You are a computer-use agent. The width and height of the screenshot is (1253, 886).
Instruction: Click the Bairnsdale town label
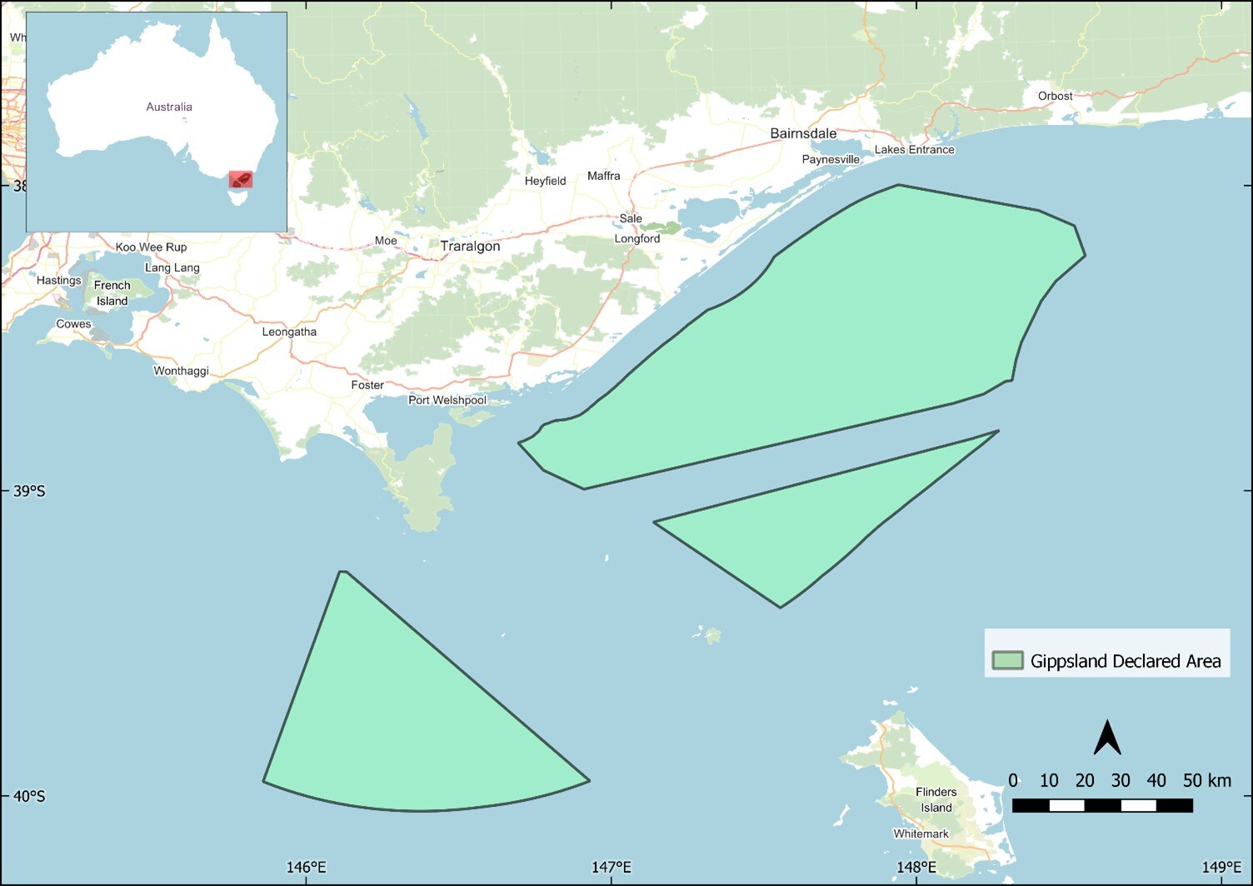pyautogui.click(x=803, y=133)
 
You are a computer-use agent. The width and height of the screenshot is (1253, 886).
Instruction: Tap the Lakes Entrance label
pyautogui.click(x=914, y=150)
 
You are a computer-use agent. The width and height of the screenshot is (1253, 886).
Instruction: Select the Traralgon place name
pyautogui.click(x=470, y=247)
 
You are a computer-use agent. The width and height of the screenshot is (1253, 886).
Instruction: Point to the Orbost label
pyautogui.click(x=1055, y=96)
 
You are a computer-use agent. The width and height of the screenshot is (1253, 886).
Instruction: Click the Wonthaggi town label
pyautogui.click(x=181, y=371)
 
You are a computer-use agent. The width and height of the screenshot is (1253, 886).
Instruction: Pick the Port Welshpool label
pyautogui.click(x=447, y=400)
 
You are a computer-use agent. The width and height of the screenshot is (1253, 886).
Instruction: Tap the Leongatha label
pyautogui.click(x=289, y=332)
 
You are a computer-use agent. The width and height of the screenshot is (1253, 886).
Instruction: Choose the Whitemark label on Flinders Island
pyautogui.click(x=921, y=833)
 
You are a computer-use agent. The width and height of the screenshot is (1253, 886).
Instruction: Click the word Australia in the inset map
pyautogui.click(x=169, y=107)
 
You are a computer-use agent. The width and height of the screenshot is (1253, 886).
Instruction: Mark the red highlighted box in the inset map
pyautogui.click(x=241, y=179)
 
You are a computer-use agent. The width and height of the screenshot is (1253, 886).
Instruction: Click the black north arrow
pyautogui.click(x=1106, y=738)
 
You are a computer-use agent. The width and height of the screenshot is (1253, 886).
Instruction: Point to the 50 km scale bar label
pyautogui.click(x=1206, y=781)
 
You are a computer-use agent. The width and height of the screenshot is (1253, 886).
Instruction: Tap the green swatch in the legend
pyautogui.click(x=1007, y=661)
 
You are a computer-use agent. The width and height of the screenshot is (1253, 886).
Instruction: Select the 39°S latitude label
pyautogui.click(x=29, y=491)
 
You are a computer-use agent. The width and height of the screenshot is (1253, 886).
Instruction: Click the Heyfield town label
pyautogui.click(x=545, y=181)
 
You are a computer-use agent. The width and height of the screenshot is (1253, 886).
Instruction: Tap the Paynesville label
pyautogui.click(x=831, y=159)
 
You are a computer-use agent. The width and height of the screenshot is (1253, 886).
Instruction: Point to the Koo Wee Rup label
pyautogui.click(x=151, y=248)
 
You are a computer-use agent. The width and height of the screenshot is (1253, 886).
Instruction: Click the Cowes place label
pyautogui.click(x=73, y=324)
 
